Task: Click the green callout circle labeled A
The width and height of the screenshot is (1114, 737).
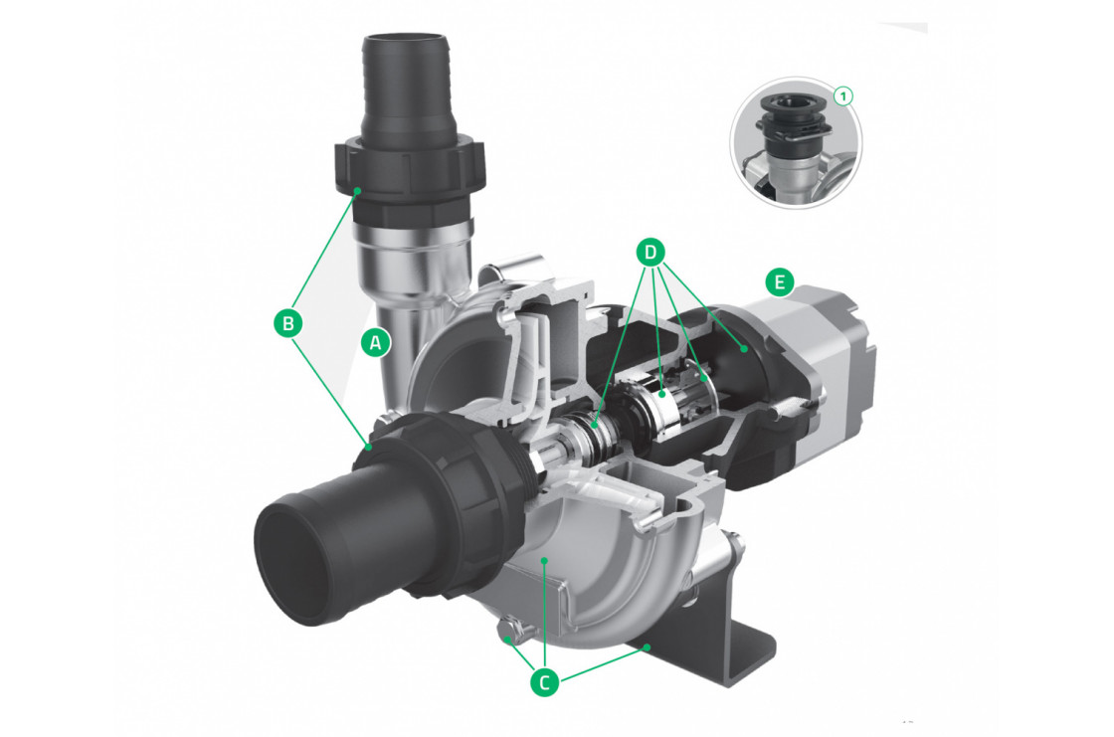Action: point(375,343)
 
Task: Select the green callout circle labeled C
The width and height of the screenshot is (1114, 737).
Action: point(543,683)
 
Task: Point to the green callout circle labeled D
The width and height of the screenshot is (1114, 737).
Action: point(650,253)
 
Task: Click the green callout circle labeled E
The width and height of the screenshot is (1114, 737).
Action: point(780,283)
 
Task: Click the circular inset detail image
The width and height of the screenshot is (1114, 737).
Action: point(796,141)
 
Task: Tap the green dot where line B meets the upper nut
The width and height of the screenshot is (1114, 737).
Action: point(355,189)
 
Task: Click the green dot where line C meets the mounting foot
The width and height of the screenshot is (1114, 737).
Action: point(648,647)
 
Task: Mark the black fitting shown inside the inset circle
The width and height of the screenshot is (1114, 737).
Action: point(793,116)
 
